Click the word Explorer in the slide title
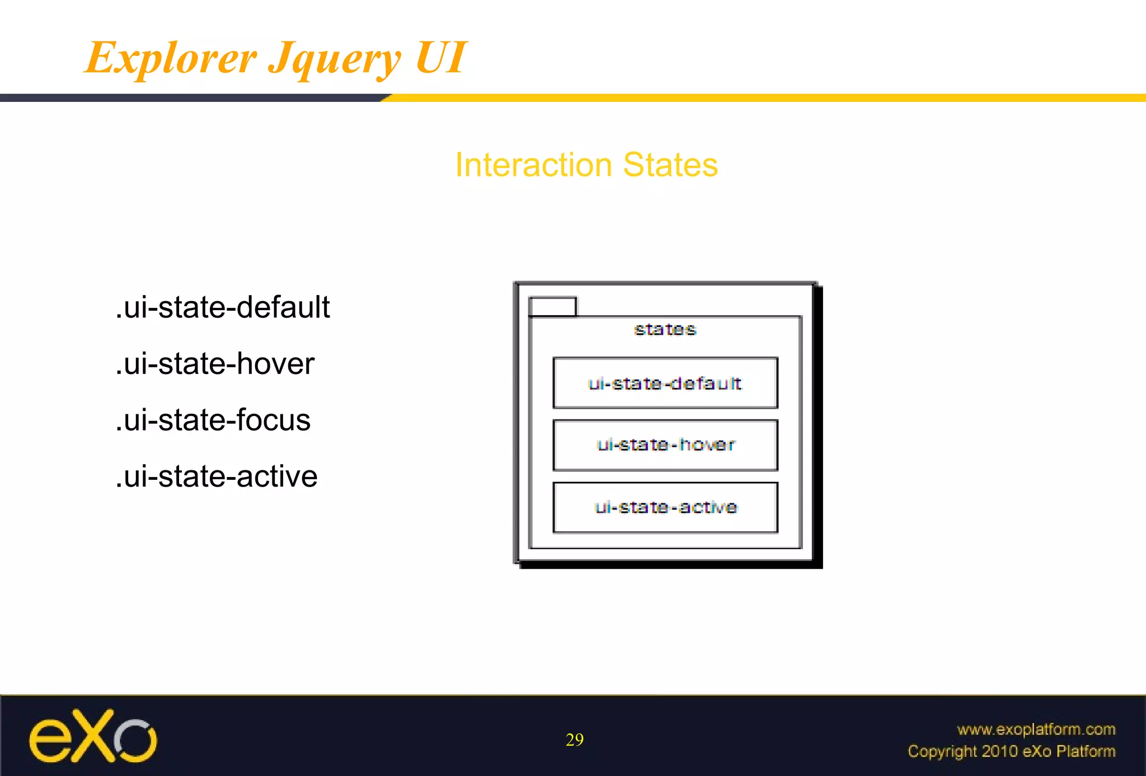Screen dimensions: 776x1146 171,58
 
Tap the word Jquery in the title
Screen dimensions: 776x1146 335,59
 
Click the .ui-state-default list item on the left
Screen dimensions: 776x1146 223,307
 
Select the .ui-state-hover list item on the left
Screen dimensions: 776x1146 215,363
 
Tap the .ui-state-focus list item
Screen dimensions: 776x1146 213,420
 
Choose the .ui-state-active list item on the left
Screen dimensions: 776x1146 217,476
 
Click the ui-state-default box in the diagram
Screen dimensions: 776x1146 665,383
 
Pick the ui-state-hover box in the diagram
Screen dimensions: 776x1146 665,445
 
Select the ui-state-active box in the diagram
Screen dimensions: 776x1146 665,507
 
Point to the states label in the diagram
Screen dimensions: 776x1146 665,330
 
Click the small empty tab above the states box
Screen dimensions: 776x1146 552,307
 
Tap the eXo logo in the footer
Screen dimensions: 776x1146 93,736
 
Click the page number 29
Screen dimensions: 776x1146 574,740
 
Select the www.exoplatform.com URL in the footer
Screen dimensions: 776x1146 1036,729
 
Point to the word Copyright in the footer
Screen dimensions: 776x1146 942,751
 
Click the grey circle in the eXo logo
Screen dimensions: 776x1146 136,740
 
